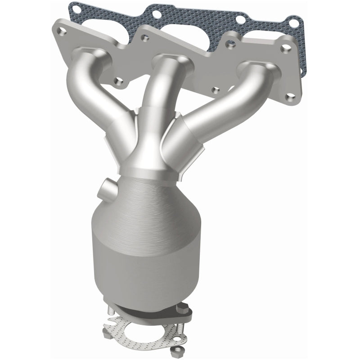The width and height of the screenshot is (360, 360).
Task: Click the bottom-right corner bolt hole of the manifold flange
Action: click(288, 95)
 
